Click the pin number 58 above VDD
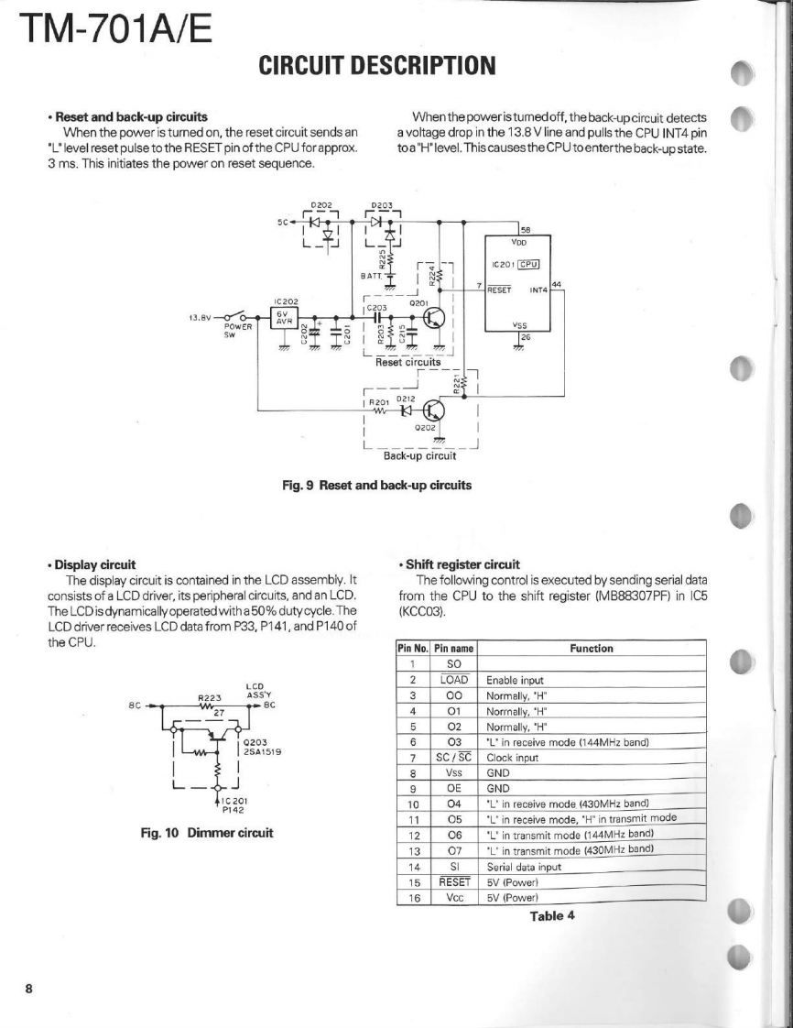[526, 229]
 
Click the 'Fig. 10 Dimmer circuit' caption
[207, 834]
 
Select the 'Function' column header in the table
[591, 649]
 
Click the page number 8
[29, 989]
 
